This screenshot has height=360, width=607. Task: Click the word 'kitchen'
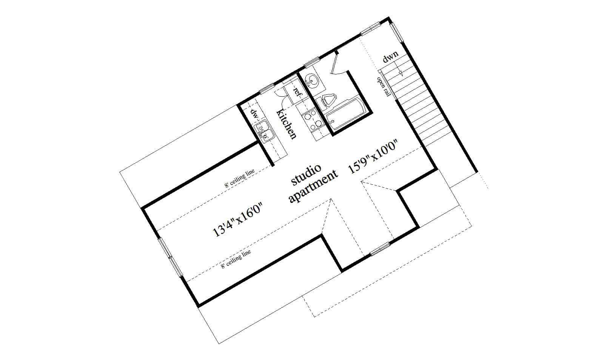(287, 124)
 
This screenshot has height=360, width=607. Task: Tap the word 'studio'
(306, 175)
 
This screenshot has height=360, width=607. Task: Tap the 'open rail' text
(384, 87)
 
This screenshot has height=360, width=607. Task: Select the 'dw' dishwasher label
(254, 113)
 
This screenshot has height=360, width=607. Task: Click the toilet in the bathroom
(327, 100)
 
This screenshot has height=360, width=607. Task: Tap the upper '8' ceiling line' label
(239, 178)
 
